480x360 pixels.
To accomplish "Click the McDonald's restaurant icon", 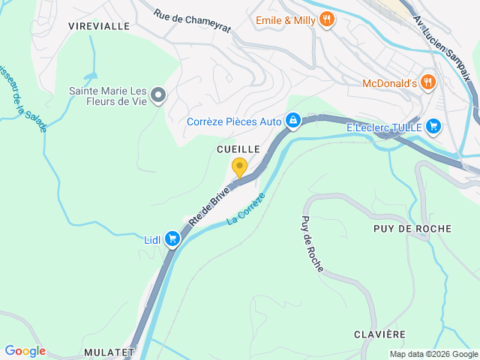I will [427, 82].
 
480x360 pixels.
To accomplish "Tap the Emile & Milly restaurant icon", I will [325, 20].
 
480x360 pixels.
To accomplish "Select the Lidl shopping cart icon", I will [172, 239].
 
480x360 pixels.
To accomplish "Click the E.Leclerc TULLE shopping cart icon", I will [433, 127].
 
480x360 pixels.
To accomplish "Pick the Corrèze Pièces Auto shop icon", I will [293, 121].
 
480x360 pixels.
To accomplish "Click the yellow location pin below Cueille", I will [239, 167].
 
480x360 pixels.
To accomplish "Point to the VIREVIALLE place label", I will [99, 26].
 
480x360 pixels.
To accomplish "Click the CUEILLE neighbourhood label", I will [238, 149].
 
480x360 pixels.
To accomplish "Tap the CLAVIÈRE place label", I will [379, 334].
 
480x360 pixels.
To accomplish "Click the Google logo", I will [25, 351].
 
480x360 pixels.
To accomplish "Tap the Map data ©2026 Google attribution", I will [433, 355].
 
